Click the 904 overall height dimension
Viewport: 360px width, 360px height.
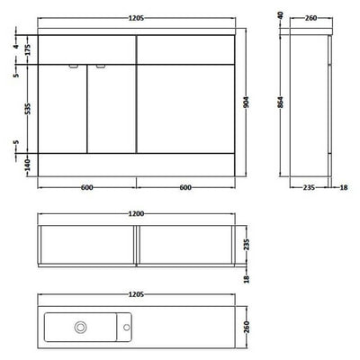pyautogui.click(x=247, y=103)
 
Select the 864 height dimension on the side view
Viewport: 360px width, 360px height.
pyautogui.click(x=280, y=103)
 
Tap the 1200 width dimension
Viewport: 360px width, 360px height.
pyautogui.click(x=136, y=214)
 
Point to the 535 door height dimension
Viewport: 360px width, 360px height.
pyautogui.click(x=28, y=109)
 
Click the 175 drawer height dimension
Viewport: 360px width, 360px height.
pyautogui.click(x=28, y=49)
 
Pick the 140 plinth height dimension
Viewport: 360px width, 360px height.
pyautogui.click(x=27, y=165)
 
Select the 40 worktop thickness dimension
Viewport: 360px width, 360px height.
pyautogui.click(x=281, y=15)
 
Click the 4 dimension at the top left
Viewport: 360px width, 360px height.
pyautogui.click(x=16, y=46)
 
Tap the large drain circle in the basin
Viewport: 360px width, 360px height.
pyautogui.click(x=80, y=328)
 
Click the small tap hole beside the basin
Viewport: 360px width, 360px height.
pyautogui.click(x=126, y=328)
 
